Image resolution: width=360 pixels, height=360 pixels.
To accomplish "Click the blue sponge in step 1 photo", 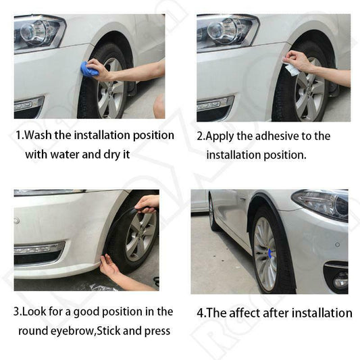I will (90, 69).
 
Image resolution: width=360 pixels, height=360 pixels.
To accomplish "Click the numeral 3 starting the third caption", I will (18, 312).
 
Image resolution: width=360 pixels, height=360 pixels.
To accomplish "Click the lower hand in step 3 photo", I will (109, 269).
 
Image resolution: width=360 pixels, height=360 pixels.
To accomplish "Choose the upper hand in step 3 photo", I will (147, 202).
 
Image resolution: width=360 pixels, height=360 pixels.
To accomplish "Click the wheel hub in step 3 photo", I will (141, 236).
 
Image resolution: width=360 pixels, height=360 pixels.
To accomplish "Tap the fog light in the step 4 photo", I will (338, 278).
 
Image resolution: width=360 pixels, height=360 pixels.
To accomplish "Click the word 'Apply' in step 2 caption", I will (221, 136).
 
